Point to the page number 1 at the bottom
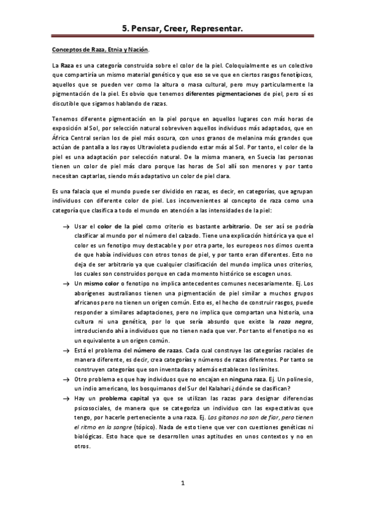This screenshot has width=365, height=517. point(182,483)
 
